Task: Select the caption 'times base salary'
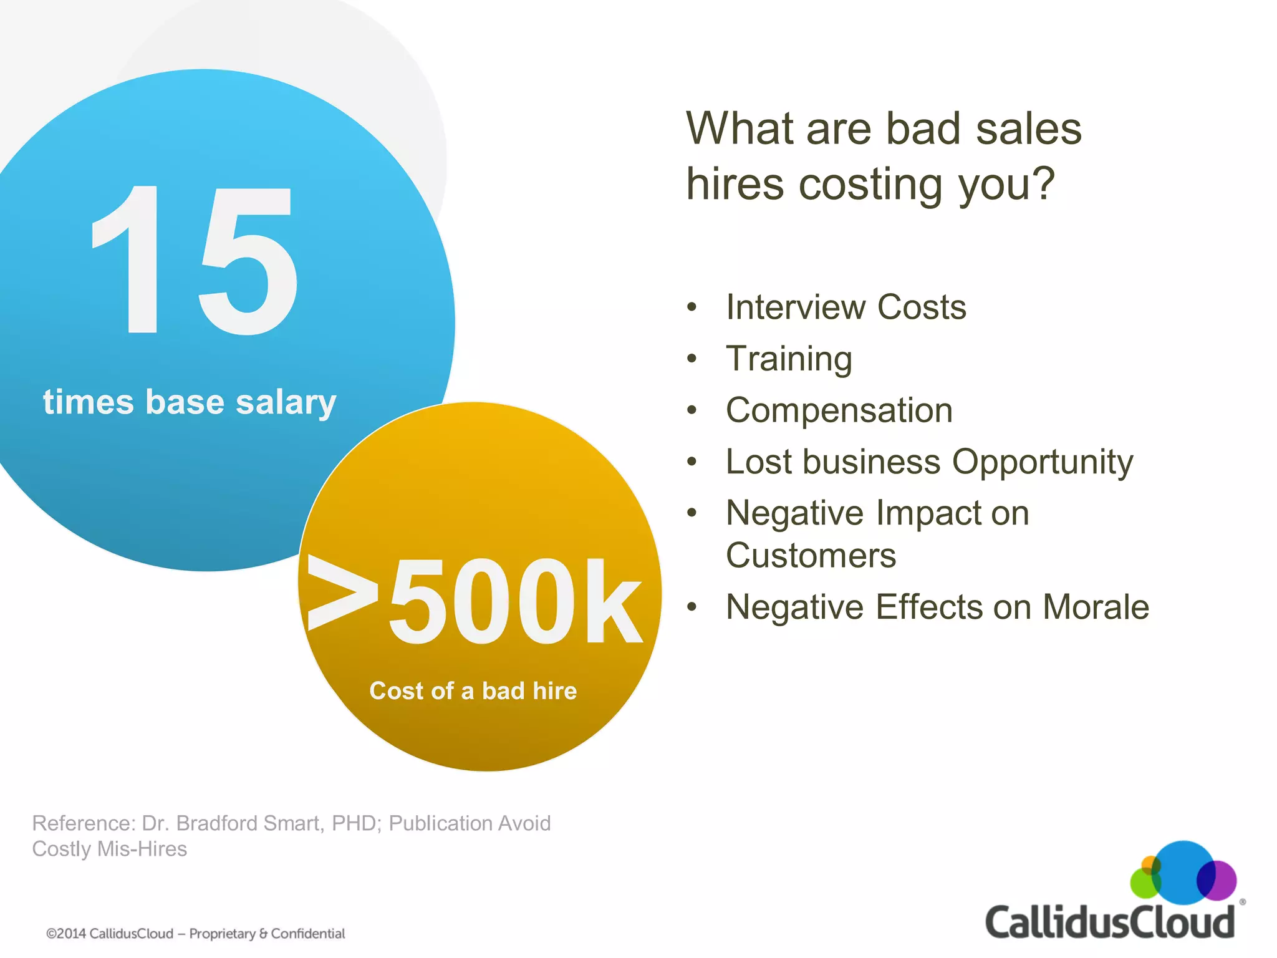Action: pos(190,402)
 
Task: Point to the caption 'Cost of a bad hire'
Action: pos(473,691)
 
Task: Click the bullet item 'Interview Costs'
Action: pos(846,307)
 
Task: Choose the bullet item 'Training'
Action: pos(789,359)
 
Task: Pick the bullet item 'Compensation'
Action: pos(839,410)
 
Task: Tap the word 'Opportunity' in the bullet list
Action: pos(1043,463)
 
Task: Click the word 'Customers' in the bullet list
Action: pos(811,556)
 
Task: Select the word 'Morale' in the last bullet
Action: pos(1096,607)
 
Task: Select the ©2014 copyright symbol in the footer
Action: pos(51,934)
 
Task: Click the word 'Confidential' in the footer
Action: pos(308,934)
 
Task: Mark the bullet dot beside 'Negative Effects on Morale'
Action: pos(692,607)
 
